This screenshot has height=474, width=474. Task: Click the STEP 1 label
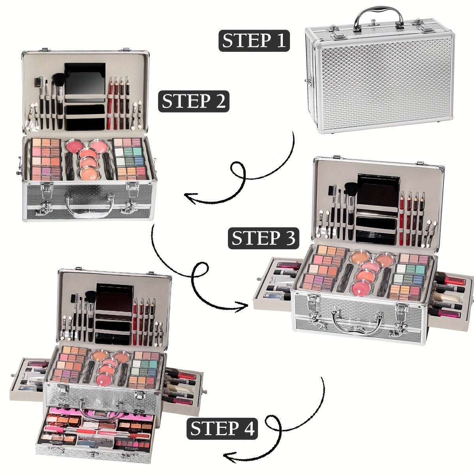coord(254,40)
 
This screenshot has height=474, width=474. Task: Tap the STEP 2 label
coord(194,101)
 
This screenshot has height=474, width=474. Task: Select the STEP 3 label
coord(263,238)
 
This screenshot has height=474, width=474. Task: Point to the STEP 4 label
coord(222,429)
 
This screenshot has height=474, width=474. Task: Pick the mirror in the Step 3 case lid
coord(378,190)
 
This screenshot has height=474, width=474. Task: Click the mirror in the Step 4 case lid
coord(115,297)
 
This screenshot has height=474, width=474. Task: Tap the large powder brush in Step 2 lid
coord(60,87)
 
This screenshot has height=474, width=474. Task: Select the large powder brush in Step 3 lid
coord(350,194)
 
